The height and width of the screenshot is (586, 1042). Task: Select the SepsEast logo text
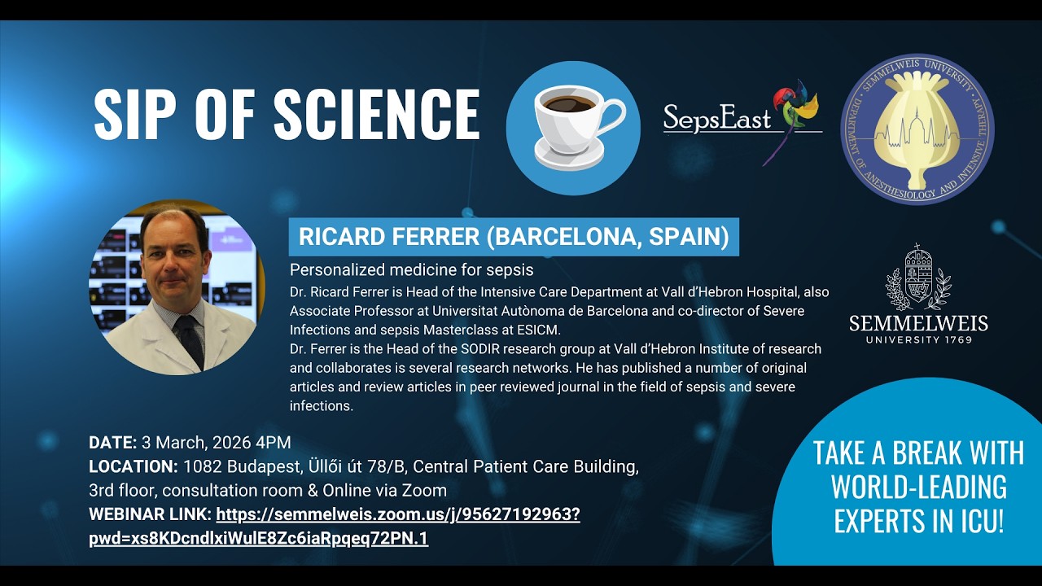pyautogui.click(x=716, y=118)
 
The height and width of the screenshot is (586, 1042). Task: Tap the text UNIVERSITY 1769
pyautogui.click(x=918, y=339)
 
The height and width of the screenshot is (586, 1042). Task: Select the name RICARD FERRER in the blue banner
pyautogui.click(x=388, y=237)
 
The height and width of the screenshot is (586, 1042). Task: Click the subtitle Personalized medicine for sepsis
pyautogui.click(x=412, y=269)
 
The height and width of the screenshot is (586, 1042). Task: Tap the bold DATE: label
pyautogui.click(x=112, y=443)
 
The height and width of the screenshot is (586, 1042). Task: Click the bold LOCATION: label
pyautogui.click(x=134, y=467)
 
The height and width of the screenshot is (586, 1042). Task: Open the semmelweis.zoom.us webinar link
pyautogui.click(x=398, y=514)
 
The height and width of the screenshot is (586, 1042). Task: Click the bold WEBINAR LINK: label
pyautogui.click(x=151, y=514)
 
